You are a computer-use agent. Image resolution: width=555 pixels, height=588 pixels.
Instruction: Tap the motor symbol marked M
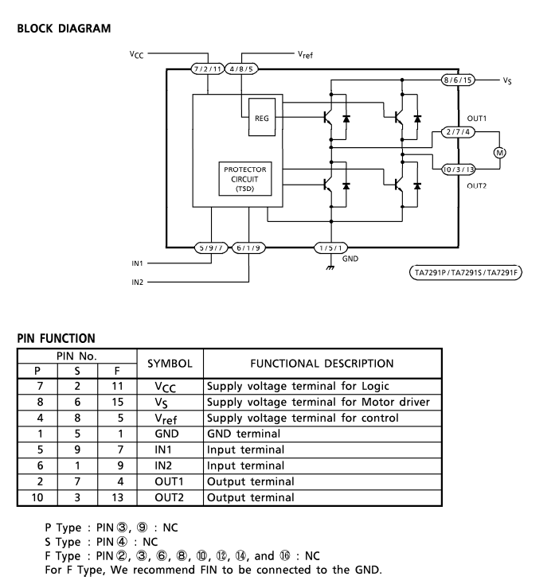pyautogui.click(x=499, y=153)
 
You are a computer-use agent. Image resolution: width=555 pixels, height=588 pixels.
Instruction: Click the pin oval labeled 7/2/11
pyautogui.click(x=208, y=69)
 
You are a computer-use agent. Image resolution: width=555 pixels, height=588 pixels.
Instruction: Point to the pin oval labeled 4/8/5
pyautogui.click(x=241, y=69)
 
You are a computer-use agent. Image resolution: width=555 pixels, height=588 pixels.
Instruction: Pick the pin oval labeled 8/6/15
pyautogui.click(x=458, y=80)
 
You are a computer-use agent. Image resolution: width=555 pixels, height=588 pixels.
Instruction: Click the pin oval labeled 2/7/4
pyautogui.click(x=458, y=132)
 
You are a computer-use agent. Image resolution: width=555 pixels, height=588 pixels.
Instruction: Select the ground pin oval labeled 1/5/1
pyautogui.click(x=330, y=248)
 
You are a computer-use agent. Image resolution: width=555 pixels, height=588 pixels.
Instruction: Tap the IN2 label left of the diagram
pyautogui.click(x=137, y=282)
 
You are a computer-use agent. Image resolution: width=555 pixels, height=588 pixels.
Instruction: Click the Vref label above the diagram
pyautogui.click(x=305, y=55)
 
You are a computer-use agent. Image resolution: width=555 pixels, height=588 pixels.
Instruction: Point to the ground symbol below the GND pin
pyautogui.click(x=330, y=267)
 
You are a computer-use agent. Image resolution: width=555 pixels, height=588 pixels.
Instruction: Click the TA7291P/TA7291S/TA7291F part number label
pyautogui.click(x=465, y=273)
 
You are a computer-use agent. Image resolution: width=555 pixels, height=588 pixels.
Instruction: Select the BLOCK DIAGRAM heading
pyautogui.click(x=64, y=29)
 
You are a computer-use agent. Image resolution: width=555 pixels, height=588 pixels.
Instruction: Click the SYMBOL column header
pyautogui.click(x=170, y=364)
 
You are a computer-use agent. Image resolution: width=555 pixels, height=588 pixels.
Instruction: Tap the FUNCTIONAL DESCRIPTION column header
pyautogui.click(x=322, y=364)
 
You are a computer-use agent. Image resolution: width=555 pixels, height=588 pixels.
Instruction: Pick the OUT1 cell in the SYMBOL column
pyautogui.click(x=170, y=481)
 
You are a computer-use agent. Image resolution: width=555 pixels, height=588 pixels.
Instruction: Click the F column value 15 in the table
pyautogui.click(x=118, y=402)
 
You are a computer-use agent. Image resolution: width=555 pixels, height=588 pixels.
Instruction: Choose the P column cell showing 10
pyautogui.click(x=37, y=497)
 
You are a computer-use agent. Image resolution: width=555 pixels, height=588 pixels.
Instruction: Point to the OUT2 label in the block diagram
pyautogui.click(x=477, y=185)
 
